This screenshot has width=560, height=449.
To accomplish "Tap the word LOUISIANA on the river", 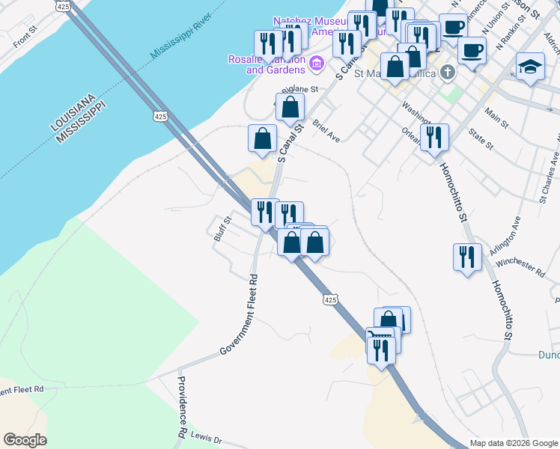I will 70,111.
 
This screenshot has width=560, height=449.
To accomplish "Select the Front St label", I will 25,39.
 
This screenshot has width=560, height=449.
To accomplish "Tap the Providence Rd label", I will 182,406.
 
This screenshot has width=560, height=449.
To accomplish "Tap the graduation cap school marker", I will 530,67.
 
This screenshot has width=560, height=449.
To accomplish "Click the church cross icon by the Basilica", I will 447,73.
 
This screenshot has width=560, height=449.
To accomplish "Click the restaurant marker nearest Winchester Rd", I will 467,257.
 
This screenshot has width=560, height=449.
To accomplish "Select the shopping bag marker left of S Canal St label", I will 262,138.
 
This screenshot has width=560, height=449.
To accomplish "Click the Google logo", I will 25,440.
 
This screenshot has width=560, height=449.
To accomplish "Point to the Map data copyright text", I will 514,443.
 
